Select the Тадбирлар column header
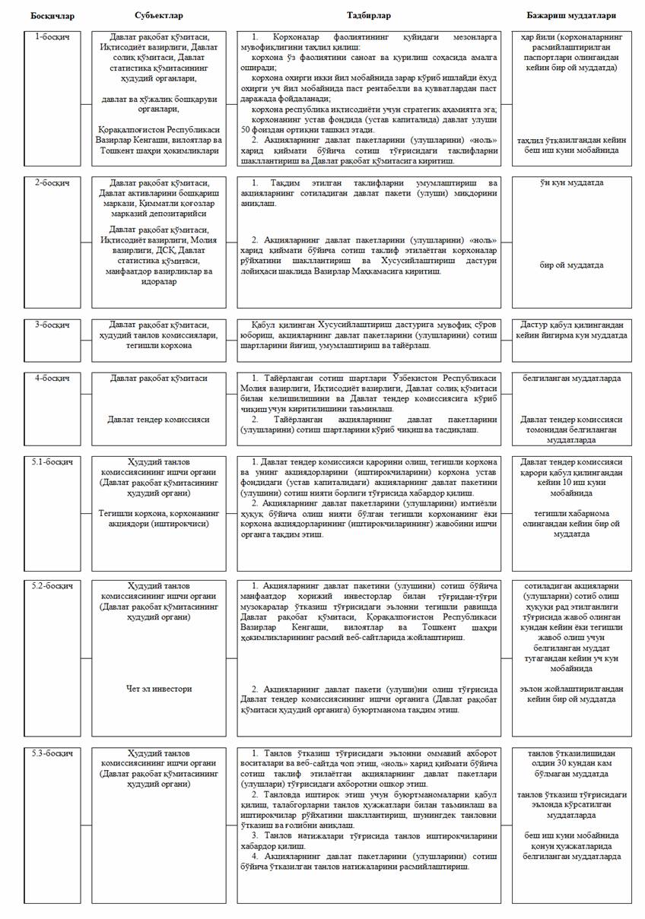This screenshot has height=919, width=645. coord(369,15)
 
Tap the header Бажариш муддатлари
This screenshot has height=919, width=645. coord(571,15)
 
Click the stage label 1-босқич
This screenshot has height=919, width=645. coord(52,36)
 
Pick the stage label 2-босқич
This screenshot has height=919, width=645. coord(52,183)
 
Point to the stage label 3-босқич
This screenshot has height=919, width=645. coord(52,325)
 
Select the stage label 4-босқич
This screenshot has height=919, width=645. coord(52,378)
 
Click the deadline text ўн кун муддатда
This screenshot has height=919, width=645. coord(571,183)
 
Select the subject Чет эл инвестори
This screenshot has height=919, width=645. coord(159,689)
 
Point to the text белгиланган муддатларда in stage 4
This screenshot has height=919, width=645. coord(571,378)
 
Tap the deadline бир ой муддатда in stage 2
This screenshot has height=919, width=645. coord(571,265)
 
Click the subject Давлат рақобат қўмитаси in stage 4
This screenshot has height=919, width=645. coord(159,378)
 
